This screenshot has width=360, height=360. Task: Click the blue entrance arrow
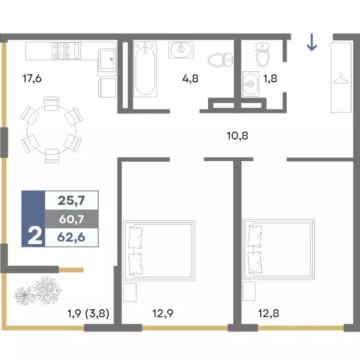pos(312,42)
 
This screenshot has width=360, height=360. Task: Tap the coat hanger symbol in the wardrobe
pos(341,79)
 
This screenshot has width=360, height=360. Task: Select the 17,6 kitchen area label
pos(32,79)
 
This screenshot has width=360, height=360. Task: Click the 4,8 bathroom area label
pos(190,79)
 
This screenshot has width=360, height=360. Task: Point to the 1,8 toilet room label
pos(270,79)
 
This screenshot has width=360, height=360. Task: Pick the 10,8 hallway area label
pos(237,135)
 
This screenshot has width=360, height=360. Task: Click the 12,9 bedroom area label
pos(163,313)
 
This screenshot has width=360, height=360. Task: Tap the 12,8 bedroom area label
pos(269,313)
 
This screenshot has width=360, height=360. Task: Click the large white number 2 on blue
pos(35,236)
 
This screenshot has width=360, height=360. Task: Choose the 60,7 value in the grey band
pos(71,219)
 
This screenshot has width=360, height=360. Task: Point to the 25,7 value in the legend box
pos(71,200)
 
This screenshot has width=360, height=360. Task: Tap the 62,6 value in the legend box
pos(71,237)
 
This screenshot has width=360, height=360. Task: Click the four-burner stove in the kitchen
pos(67,51)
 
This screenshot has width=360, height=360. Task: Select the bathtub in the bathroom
pos(145,69)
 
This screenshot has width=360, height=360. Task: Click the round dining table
pos(52,130)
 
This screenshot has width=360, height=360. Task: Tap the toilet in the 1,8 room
pos(262,54)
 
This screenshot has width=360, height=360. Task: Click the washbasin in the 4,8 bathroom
pos(181,50)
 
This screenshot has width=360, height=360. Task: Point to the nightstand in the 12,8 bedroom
pos(249,291)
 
